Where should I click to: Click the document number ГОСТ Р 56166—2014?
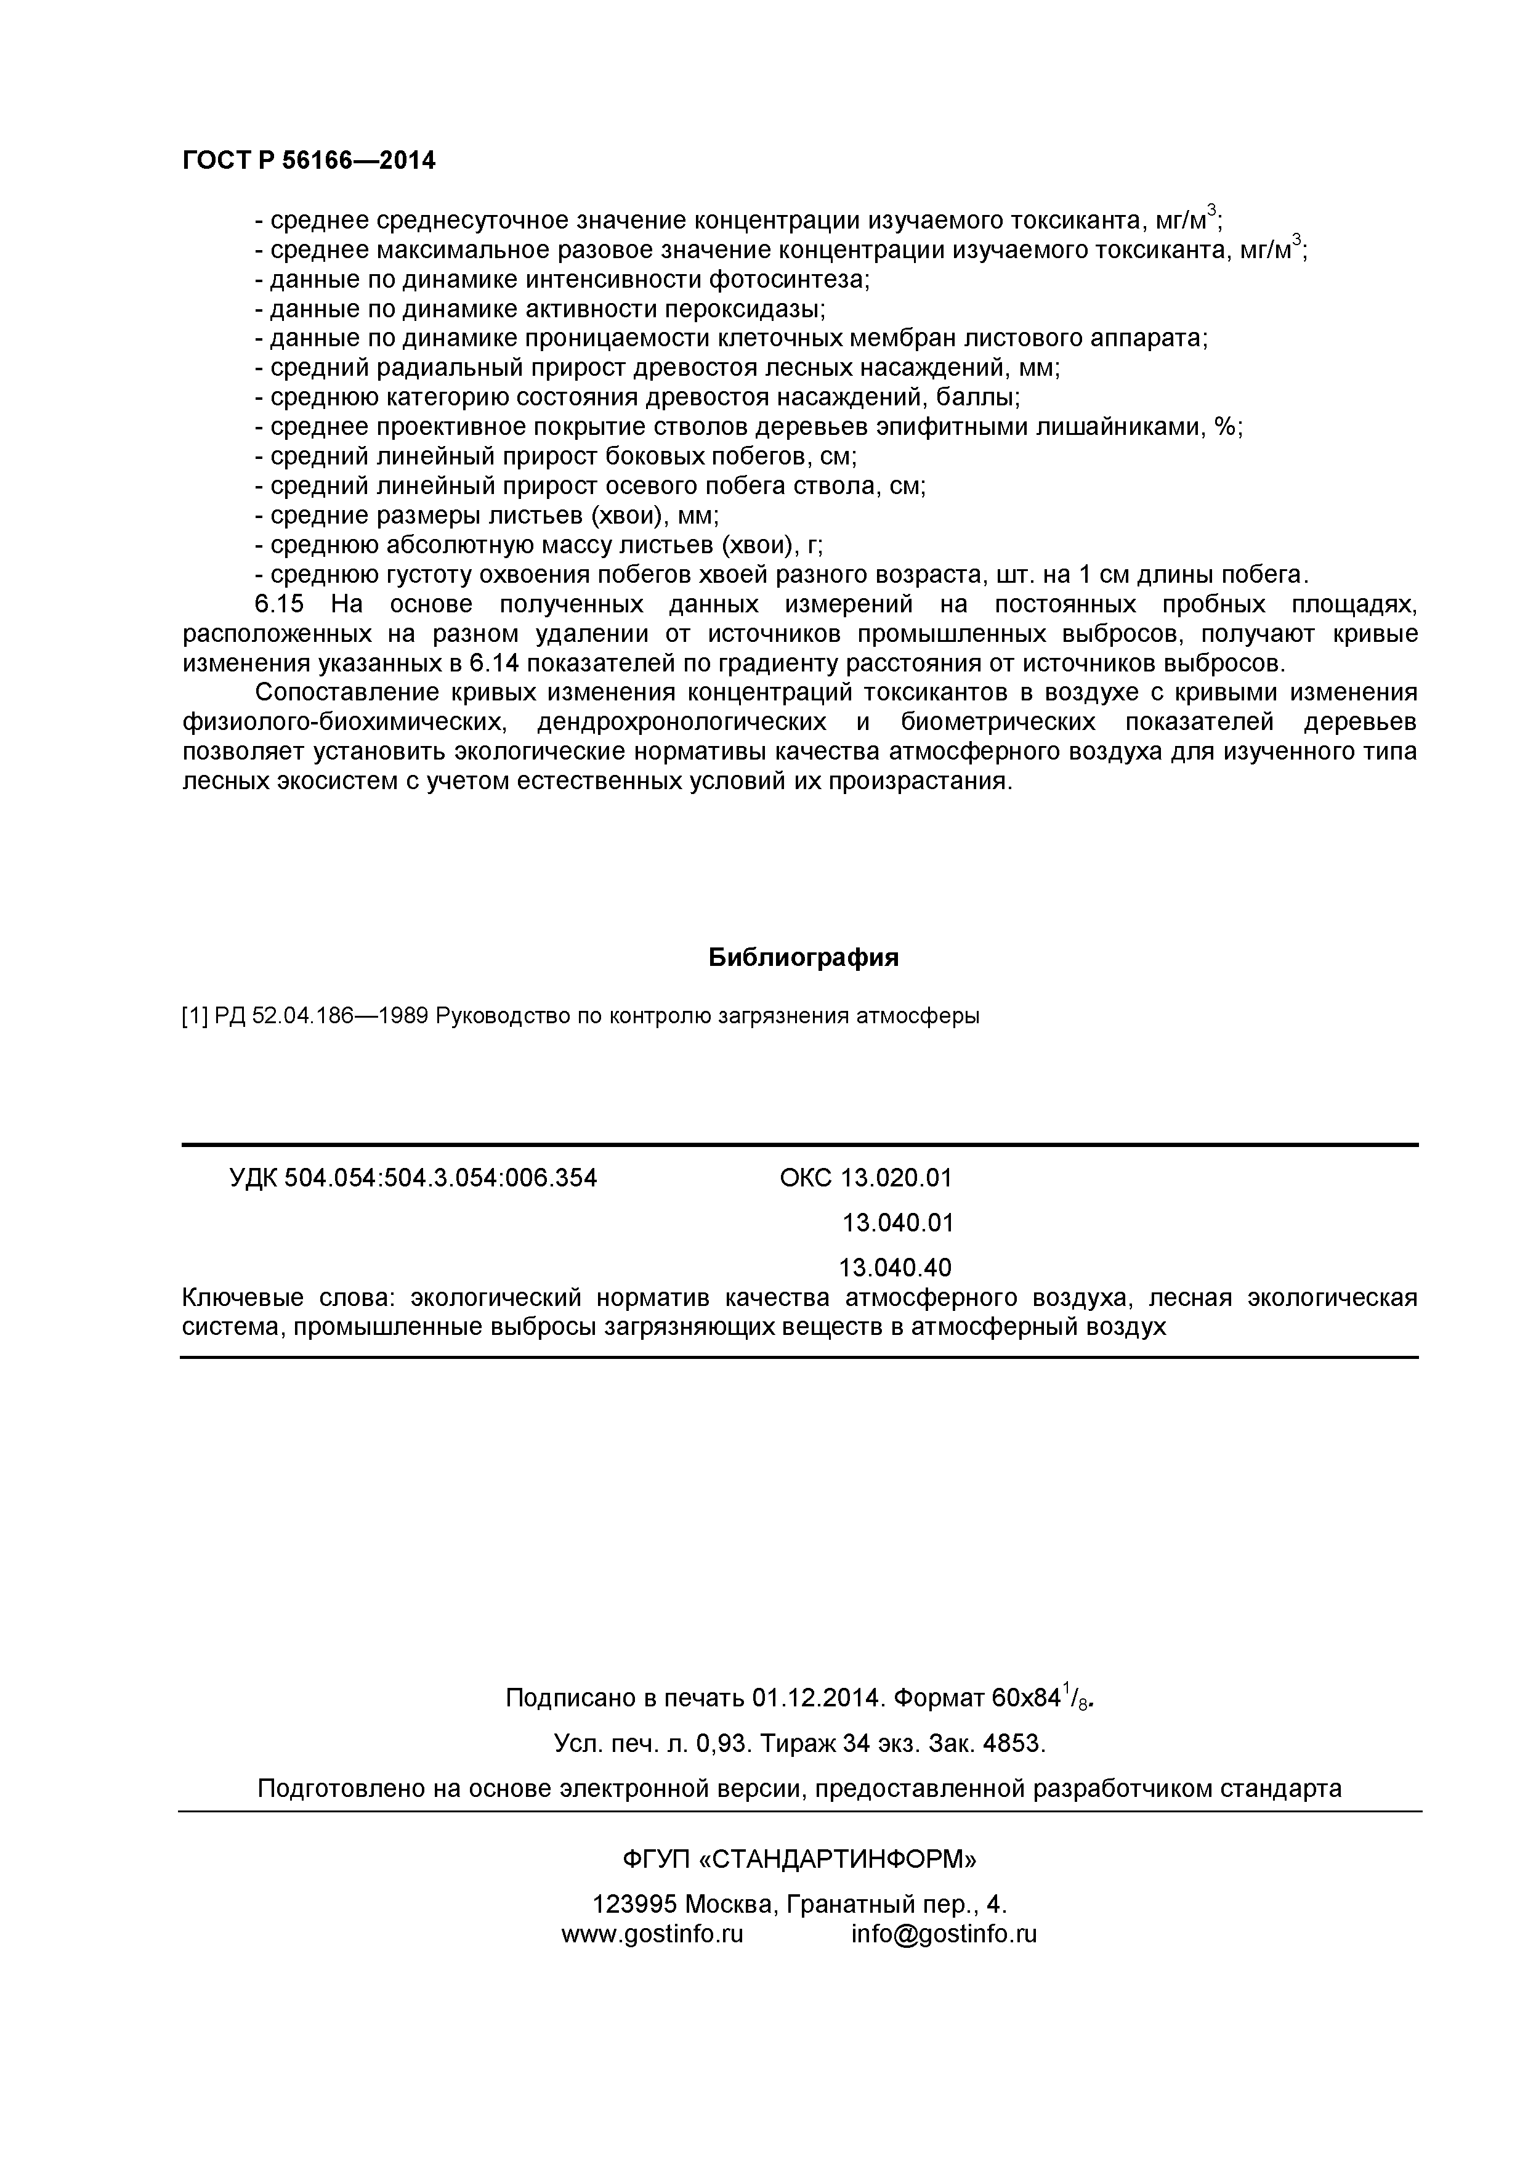pyautogui.click(x=309, y=161)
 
